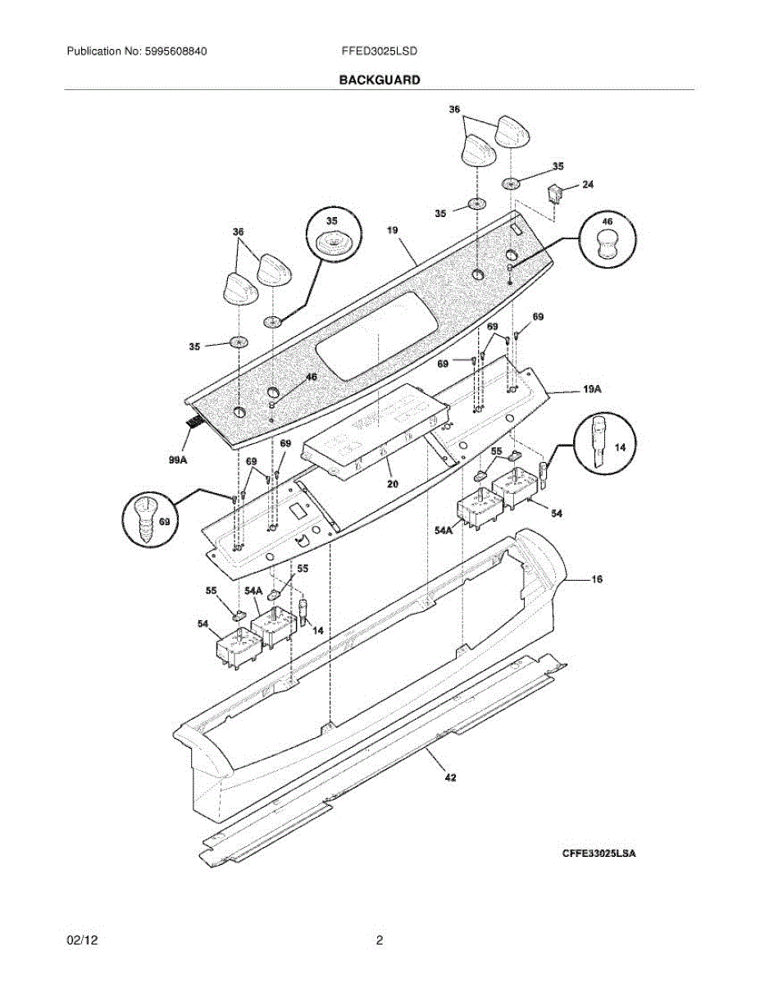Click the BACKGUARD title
380,80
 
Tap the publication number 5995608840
174,51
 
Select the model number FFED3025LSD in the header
380,51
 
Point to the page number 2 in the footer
380,940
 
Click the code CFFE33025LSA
598,854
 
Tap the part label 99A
178,460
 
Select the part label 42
449,777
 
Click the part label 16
596,579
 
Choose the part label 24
588,185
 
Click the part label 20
393,484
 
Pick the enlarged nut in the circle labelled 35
332,242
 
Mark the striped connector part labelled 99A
194,423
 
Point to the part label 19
393,231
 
